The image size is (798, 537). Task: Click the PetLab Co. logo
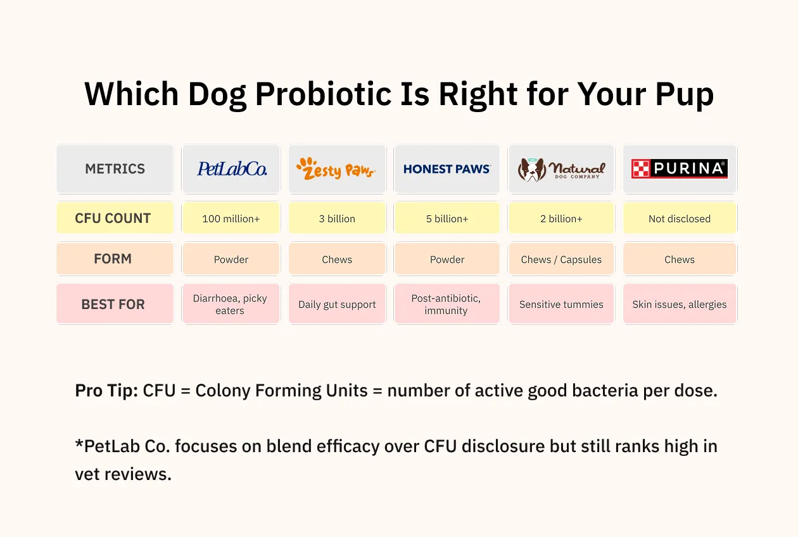coord(232,169)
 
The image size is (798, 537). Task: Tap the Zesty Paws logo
coord(336,169)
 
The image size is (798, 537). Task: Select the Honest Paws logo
coord(447,169)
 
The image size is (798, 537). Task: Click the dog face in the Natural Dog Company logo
coord(532,170)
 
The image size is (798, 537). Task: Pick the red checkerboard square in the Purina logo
coord(640,168)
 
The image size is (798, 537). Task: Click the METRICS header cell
coord(115,169)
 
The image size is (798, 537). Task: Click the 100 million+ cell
coord(231,218)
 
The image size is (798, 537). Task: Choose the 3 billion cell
coord(337,218)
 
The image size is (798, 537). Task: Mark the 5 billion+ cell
coord(447,218)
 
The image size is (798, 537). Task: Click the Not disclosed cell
coord(680,218)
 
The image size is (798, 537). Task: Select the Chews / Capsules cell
coord(561,259)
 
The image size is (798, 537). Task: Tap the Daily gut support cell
coord(337,304)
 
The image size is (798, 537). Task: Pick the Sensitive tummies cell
coord(561,304)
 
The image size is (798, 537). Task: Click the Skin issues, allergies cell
coord(680,304)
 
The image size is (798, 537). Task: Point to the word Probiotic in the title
coord(324,94)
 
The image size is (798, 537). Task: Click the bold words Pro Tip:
coord(106,391)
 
